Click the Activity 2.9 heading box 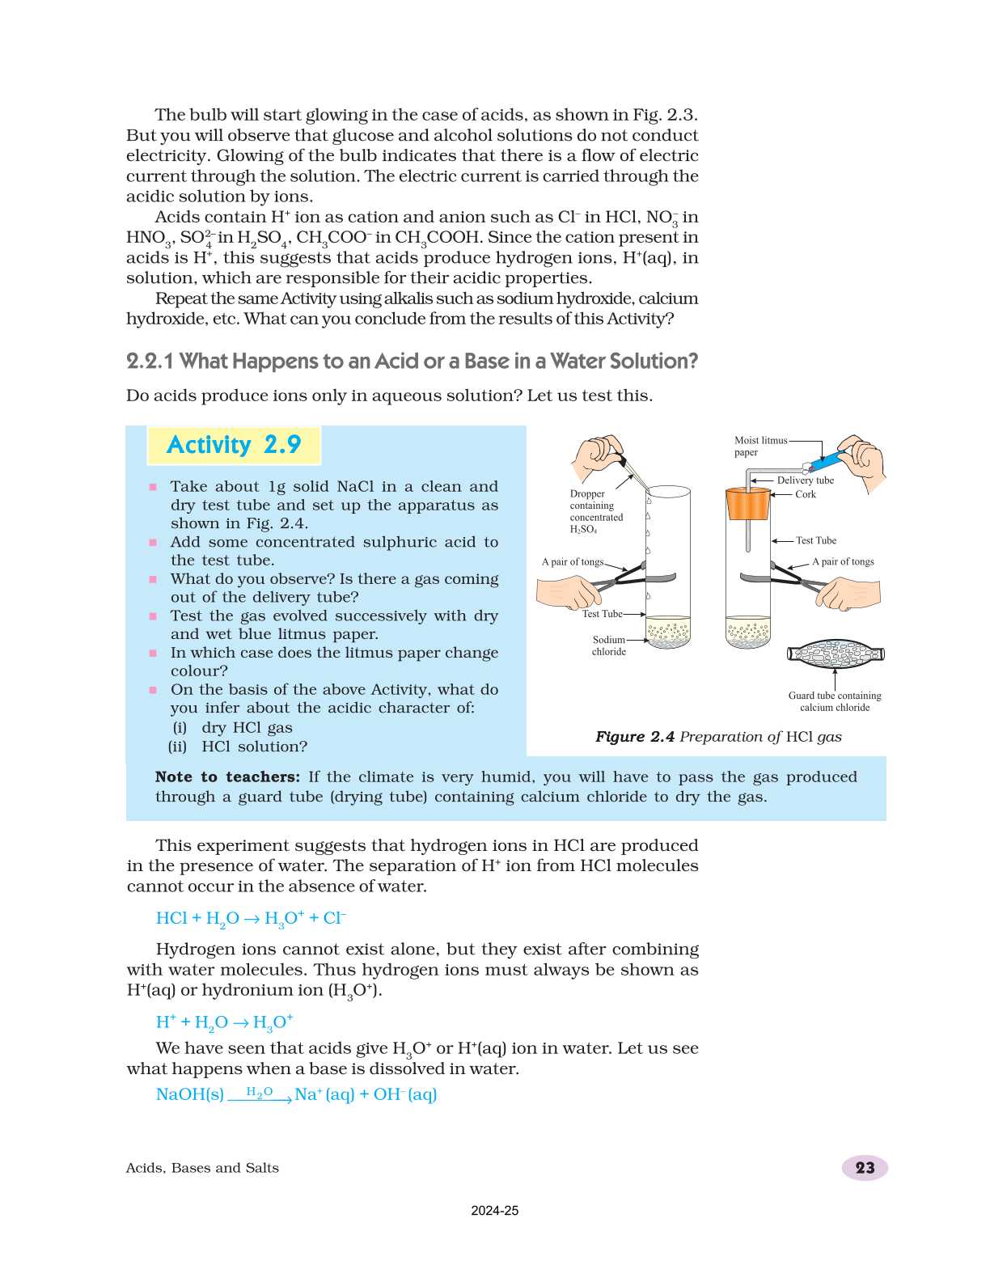[234, 445]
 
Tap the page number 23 [865, 1167]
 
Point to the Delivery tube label [805, 480]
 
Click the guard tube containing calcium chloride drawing [836, 654]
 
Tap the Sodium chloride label [608, 645]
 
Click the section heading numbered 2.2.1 [412, 362]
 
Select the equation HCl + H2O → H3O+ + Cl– [251, 918]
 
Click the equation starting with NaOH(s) [296, 1094]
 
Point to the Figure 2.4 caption [718, 737]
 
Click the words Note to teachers [227, 777]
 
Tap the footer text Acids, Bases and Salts [202, 1168]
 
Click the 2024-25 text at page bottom [494, 1211]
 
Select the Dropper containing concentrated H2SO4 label [596, 511]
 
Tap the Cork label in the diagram [805, 494]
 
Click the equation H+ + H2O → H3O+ [224, 1022]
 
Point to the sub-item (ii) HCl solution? [239, 747]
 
